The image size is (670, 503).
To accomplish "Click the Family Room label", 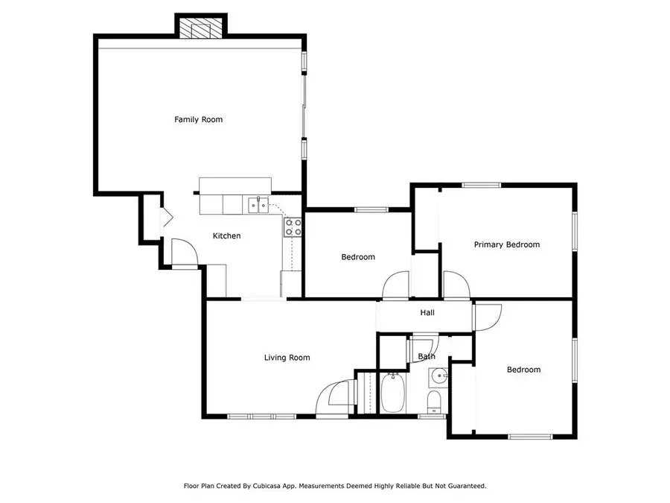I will click(198, 119).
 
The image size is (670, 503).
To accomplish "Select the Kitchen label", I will click(227, 236).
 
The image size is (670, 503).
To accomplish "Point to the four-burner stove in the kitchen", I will click(293, 227).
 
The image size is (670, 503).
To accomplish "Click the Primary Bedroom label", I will click(506, 244).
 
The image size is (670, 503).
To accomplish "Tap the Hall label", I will click(427, 313).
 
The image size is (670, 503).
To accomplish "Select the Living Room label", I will click(287, 358).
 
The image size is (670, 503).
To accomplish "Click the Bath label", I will click(427, 357).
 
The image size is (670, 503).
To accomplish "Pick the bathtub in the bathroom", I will click(392, 393).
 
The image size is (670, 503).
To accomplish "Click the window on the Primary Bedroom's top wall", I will click(481, 186).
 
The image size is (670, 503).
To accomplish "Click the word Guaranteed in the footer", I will click(464, 486).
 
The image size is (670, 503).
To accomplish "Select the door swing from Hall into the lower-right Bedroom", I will click(487, 315).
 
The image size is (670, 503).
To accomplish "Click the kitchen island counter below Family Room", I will click(235, 185).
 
